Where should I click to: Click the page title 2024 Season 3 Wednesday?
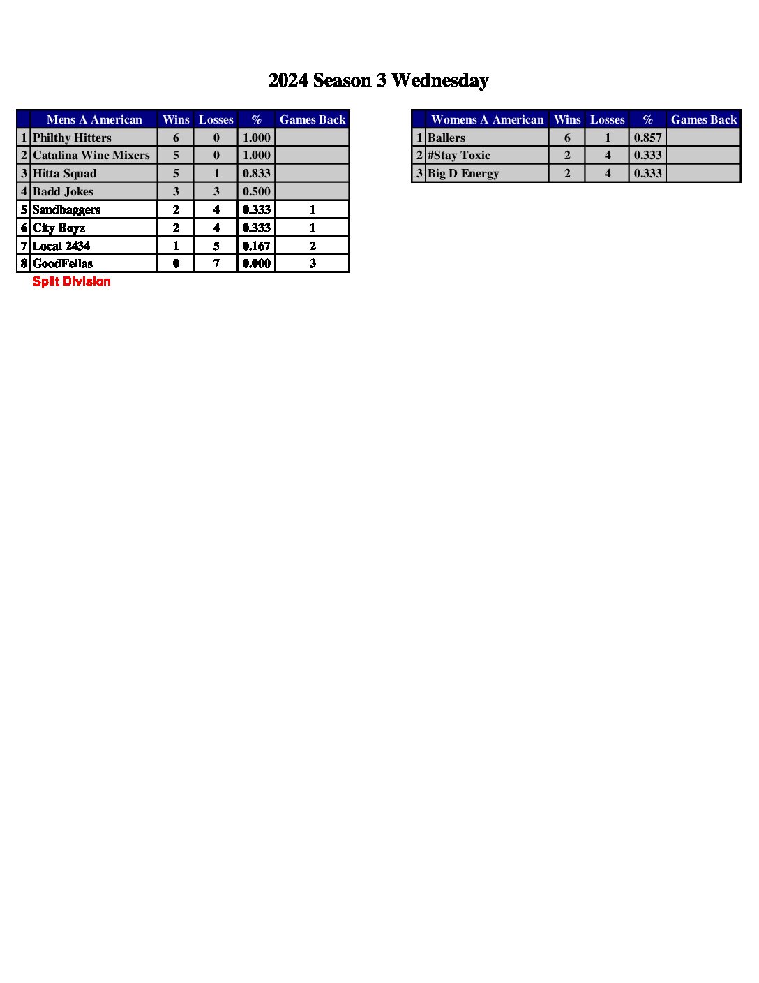(x=378, y=81)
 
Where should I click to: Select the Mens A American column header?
(x=94, y=120)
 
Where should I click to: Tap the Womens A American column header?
(x=487, y=120)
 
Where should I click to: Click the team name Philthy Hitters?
(x=72, y=138)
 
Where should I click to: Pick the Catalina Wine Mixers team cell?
(x=91, y=156)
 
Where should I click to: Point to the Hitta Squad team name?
(x=65, y=174)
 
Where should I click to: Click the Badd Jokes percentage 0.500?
(x=256, y=192)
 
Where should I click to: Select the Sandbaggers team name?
(x=66, y=210)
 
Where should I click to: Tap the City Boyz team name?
(x=59, y=228)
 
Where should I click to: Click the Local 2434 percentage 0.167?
(x=256, y=246)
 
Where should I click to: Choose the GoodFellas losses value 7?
(x=216, y=264)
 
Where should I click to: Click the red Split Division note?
(x=71, y=282)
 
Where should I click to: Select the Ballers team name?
(x=446, y=138)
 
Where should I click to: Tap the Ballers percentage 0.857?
(x=647, y=138)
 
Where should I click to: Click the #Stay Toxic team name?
(x=459, y=156)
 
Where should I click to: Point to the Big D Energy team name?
(x=463, y=174)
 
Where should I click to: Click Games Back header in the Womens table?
(x=703, y=120)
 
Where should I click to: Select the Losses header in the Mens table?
(x=216, y=120)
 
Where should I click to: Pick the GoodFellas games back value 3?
(x=313, y=264)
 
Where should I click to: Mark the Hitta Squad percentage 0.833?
(x=256, y=174)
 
